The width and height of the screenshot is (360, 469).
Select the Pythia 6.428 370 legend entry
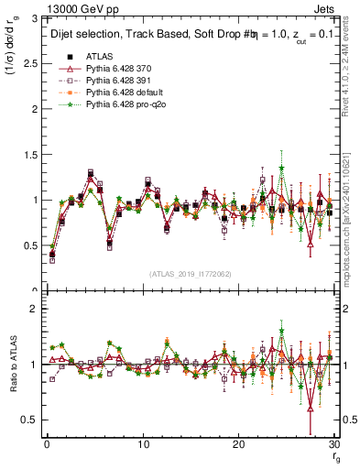coord(118,70)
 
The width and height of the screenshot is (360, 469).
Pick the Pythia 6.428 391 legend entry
coord(118,82)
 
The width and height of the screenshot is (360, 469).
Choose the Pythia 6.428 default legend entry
coord(122,93)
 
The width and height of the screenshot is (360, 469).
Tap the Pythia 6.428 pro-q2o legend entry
coord(123,105)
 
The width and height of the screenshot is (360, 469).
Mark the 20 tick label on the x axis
coord(238,444)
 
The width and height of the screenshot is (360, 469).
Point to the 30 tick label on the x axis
coord(333,444)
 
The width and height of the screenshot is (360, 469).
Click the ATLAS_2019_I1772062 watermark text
coord(190,274)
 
